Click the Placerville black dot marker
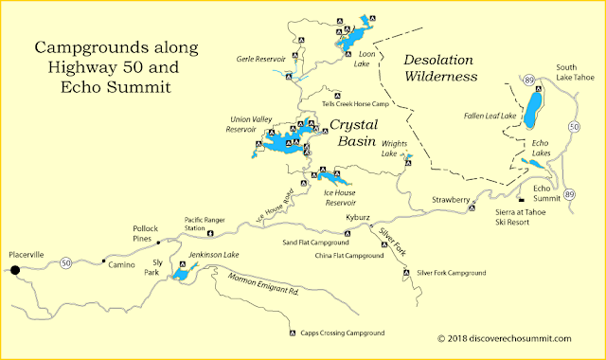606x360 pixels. tap(15, 270)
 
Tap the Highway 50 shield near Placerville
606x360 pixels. tap(64, 261)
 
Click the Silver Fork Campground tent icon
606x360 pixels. tap(409, 273)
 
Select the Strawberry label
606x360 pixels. tap(450, 200)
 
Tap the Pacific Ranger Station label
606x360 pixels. tap(207, 224)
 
